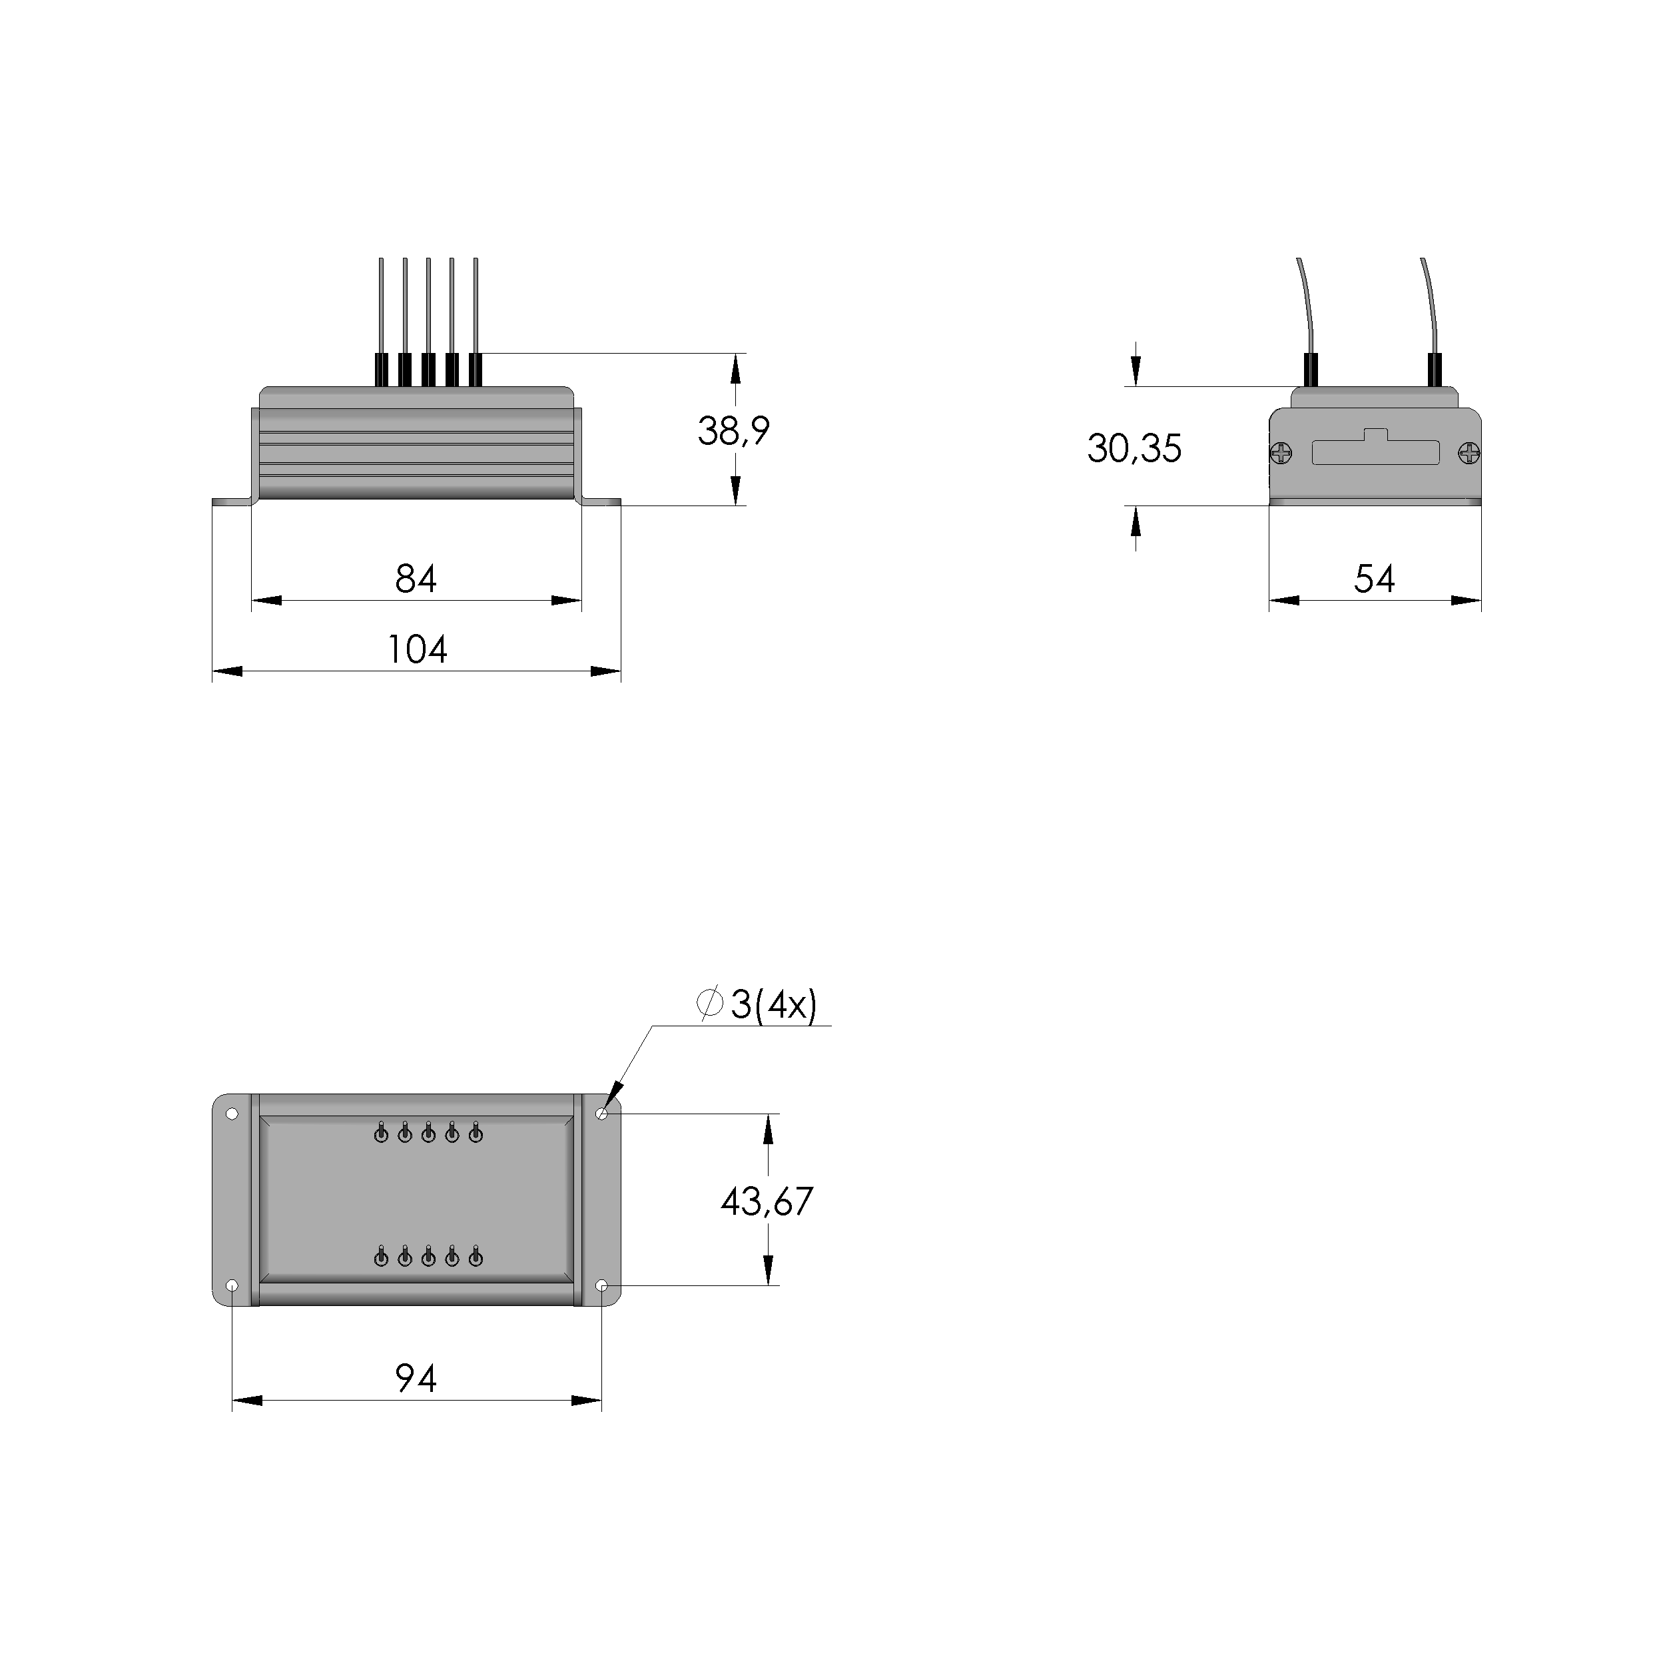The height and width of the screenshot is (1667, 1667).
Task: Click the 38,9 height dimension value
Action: tap(733, 430)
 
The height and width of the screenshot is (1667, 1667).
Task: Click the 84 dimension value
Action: tap(416, 579)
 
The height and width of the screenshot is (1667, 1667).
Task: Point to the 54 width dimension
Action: tap(1374, 579)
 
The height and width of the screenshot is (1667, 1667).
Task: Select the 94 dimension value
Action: tap(416, 1379)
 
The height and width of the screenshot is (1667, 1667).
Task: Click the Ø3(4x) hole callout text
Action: tap(757, 1004)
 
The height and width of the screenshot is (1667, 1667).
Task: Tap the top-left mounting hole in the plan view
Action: tap(231, 1114)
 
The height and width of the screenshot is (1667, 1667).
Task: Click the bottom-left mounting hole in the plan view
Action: tap(231, 1285)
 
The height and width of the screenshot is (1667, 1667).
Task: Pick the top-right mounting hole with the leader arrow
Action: tap(601, 1114)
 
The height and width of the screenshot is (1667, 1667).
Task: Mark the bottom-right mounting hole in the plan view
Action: tap(601, 1285)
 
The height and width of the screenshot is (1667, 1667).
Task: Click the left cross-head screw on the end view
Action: tap(1281, 452)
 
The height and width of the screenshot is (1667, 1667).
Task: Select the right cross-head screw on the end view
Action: tap(1469, 452)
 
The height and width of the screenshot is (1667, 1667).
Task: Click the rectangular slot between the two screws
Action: tap(1375, 452)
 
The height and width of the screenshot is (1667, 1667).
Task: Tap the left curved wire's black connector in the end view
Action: tap(1310, 370)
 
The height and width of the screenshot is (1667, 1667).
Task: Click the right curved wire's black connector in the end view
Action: tap(1435, 370)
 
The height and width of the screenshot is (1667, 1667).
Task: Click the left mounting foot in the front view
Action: tap(231, 501)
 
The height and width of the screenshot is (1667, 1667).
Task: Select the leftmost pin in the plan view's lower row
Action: tap(380, 1259)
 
